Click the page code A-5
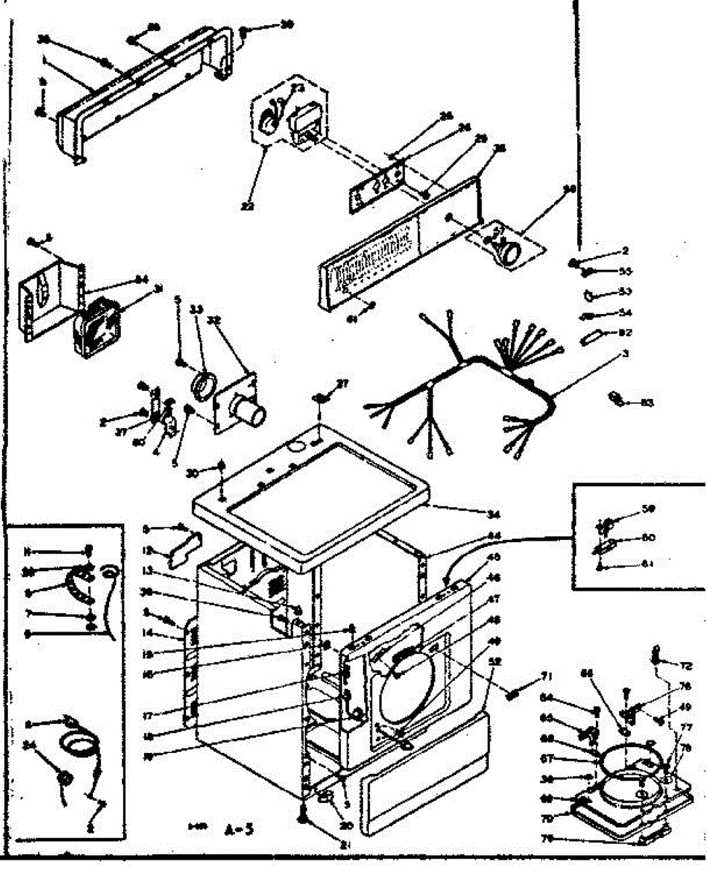pos(233,828)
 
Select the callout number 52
pos(496,662)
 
